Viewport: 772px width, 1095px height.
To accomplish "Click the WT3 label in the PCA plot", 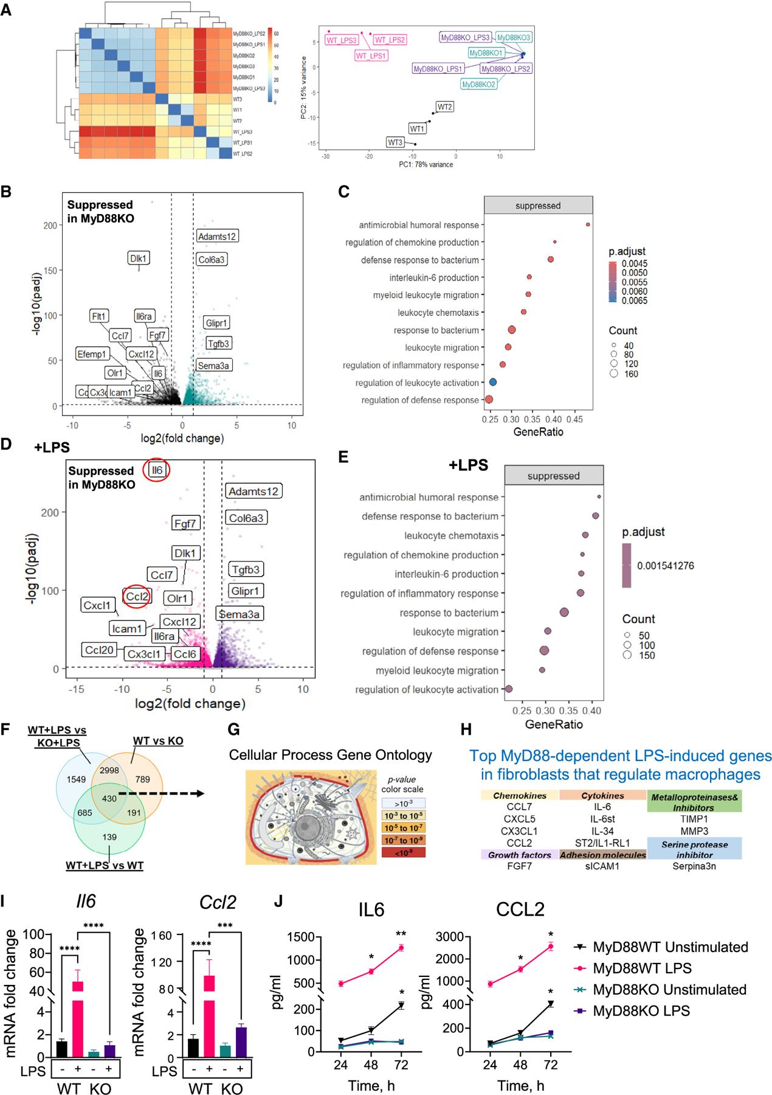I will click(x=395, y=142).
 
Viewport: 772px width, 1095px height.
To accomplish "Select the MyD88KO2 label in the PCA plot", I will click(x=478, y=85).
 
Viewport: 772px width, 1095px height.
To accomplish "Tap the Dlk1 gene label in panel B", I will click(x=139, y=258).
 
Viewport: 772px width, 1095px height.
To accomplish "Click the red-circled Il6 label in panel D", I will click(x=157, y=470).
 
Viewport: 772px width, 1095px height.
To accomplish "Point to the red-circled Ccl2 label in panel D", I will click(x=137, y=597).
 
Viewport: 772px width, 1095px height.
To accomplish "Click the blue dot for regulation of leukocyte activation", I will click(x=493, y=382).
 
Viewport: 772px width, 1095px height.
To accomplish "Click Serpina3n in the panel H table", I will click(x=695, y=866).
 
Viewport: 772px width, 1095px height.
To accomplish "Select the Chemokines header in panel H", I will click(x=520, y=796).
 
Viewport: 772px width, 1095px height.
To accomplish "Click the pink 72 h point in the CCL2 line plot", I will click(x=550, y=946).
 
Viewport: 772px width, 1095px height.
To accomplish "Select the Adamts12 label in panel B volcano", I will click(x=216, y=236).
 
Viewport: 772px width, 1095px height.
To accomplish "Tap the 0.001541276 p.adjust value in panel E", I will click(x=665, y=566).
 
